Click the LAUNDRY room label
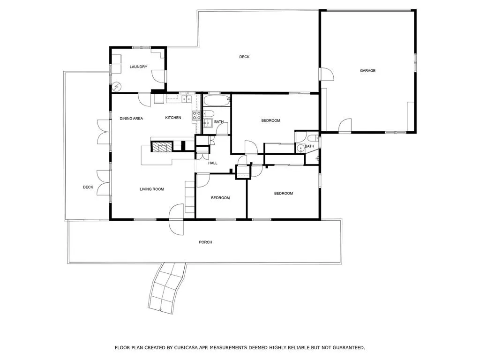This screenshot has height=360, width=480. click(138, 67)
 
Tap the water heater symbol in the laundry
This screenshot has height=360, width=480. click(117, 87)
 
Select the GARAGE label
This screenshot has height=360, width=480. click(367, 71)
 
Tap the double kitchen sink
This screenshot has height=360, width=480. click(187, 99)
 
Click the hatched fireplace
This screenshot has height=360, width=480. click(162, 147)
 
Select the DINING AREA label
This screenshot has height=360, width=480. click(131, 119)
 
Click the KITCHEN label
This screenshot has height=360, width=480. click(173, 118)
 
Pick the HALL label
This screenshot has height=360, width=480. click(213, 163)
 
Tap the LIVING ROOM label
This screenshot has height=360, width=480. click(151, 189)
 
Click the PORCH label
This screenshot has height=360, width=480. click(205, 242)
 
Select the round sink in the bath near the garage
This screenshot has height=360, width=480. click(300, 149)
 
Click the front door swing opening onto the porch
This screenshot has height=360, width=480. click(177, 220)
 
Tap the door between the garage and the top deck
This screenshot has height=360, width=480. click(326, 75)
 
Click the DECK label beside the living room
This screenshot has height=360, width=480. click(88, 187)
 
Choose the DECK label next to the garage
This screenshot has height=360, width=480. click(244, 57)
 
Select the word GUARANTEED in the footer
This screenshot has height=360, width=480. click(346, 348)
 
